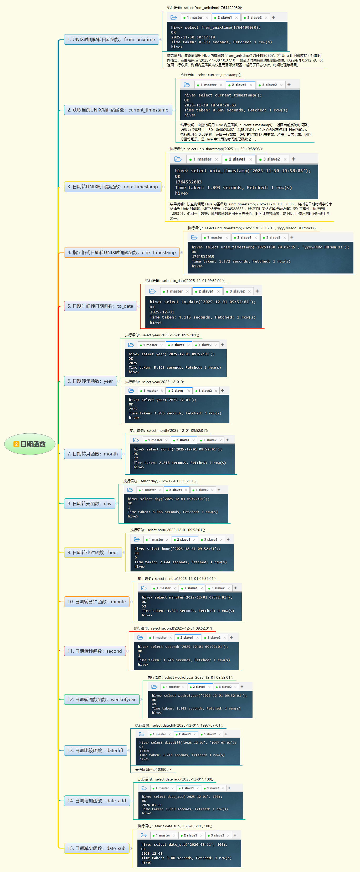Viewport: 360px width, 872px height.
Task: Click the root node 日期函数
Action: [30, 444]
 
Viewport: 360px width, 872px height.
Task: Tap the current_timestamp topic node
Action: [118, 110]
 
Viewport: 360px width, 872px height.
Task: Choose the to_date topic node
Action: [100, 306]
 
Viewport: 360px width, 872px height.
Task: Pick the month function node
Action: [92, 454]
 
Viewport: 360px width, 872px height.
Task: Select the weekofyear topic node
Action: [101, 699]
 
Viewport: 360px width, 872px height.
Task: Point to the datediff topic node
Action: [95, 751]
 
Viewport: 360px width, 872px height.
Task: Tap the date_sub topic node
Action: [96, 848]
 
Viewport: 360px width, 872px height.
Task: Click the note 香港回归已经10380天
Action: [154, 769]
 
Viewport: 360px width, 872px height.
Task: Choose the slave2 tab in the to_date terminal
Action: [239, 291]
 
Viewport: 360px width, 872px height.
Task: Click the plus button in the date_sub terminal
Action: [235, 835]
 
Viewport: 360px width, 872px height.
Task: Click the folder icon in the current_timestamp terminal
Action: [187, 85]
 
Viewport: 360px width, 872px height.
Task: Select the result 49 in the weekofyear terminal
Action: [154, 704]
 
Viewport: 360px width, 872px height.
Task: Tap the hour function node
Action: [93, 552]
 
